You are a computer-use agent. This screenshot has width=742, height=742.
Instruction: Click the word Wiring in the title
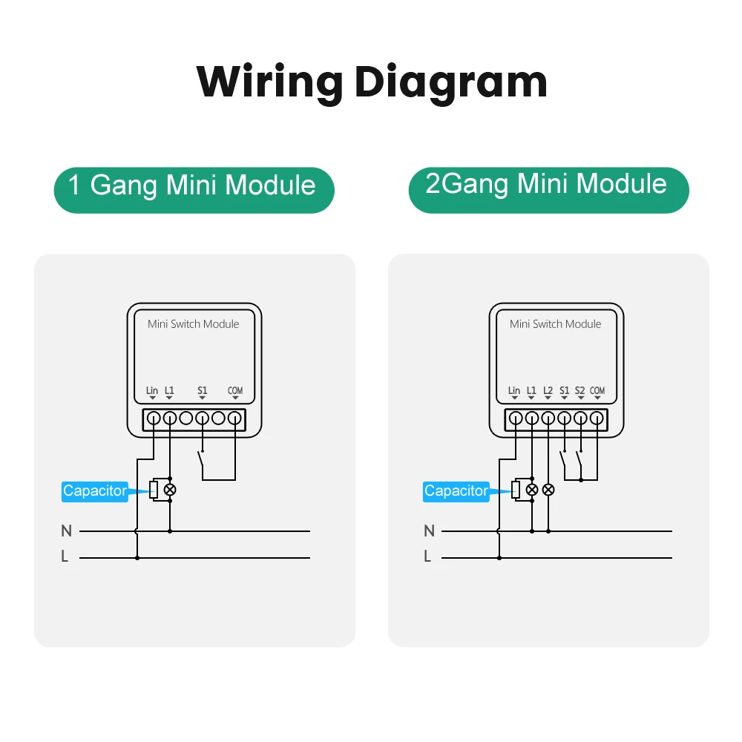(x=269, y=82)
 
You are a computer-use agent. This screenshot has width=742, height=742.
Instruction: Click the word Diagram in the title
(x=451, y=82)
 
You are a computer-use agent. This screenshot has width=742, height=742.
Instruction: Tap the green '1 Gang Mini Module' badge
(x=194, y=190)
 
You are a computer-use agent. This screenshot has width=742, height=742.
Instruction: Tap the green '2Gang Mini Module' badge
(x=548, y=190)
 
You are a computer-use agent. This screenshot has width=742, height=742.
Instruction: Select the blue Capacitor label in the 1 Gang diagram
(x=95, y=491)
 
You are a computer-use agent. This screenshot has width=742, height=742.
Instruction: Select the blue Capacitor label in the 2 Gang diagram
(x=456, y=491)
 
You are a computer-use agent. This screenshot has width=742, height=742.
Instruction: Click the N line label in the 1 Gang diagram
(x=66, y=531)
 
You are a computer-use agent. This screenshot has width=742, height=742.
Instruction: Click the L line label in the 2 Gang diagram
(x=427, y=556)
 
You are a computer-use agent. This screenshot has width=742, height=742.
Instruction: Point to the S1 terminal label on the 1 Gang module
(x=202, y=391)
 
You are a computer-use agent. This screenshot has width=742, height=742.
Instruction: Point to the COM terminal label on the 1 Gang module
(x=235, y=391)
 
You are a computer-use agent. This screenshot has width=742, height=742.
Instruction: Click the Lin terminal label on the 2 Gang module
(x=514, y=391)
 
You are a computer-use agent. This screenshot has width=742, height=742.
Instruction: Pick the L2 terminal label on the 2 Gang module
(x=548, y=391)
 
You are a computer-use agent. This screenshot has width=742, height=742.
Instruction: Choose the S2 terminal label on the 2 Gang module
(x=580, y=391)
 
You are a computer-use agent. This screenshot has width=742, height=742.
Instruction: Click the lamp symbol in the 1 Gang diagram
(x=170, y=490)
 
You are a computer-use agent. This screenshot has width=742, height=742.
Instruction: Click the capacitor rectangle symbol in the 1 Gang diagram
(x=154, y=490)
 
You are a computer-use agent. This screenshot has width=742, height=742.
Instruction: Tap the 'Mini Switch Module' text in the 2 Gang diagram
(x=556, y=324)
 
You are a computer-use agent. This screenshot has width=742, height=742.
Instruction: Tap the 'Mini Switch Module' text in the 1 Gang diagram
(x=193, y=324)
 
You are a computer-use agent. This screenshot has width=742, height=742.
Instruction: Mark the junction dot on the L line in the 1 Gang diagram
(x=137, y=558)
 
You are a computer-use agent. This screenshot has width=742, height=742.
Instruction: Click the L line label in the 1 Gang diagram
(x=65, y=556)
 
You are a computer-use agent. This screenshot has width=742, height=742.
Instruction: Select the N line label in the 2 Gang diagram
(x=429, y=531)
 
